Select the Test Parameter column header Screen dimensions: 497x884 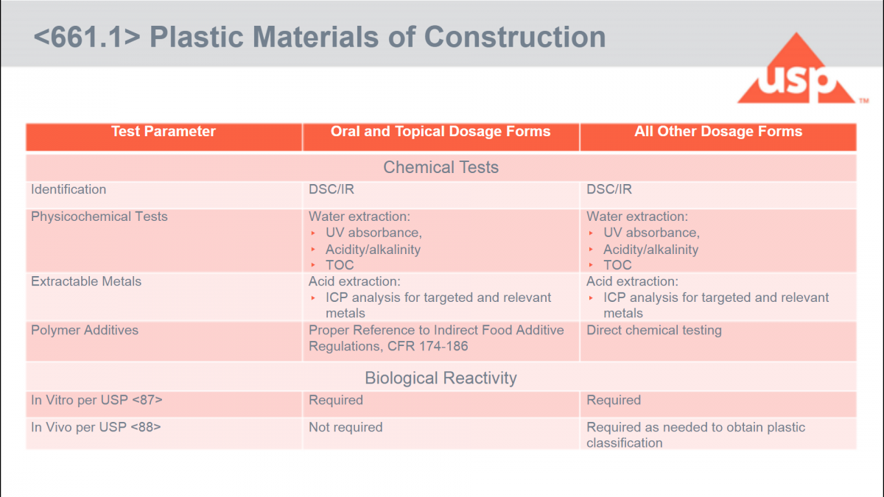click(163, 132)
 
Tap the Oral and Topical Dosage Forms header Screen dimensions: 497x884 click(441, 132)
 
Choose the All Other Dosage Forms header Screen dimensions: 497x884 click(718, 132)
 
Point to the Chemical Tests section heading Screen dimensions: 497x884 click(441, 167)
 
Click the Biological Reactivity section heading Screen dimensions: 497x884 click(441, 378)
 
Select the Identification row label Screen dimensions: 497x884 click(69, 189)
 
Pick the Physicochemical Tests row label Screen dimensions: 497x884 click(99, 216)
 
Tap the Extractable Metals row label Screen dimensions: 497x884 click(86, 281)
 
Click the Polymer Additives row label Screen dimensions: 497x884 click(85, 330)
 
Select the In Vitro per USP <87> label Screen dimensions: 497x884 click(97, 401)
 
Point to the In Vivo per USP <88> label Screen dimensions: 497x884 click(96, 427)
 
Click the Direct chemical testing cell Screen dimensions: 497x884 click(653, 330)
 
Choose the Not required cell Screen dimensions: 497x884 click(345, 427)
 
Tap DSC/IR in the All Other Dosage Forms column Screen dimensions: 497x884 click(609, 189)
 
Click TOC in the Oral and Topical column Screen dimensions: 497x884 click(340, 265)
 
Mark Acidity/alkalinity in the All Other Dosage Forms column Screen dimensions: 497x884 click(650, 250)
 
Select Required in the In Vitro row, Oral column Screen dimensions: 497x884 click(336, 401)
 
